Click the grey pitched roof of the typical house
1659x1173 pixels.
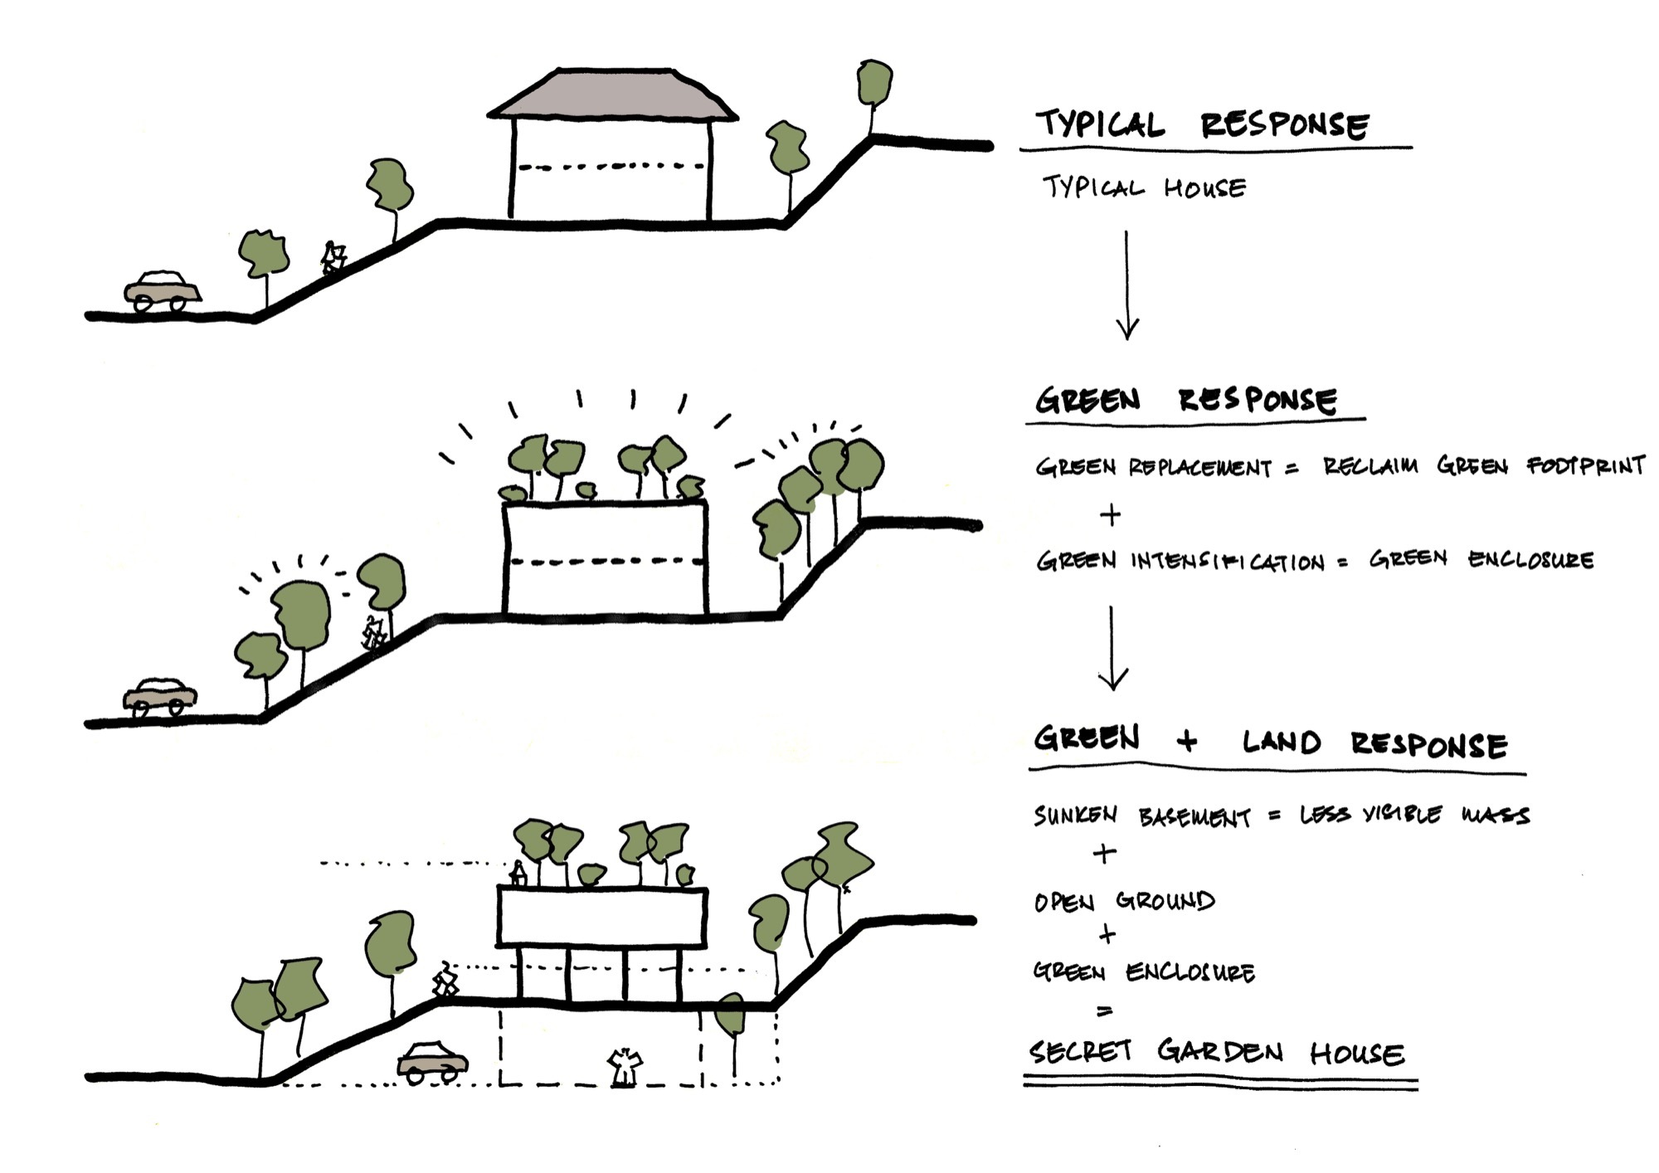[x=612, y=96]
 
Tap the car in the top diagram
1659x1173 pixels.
[x=163, y=291]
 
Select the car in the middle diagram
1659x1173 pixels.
[x=160, y=697]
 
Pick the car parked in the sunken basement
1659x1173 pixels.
[x=432, y=1061]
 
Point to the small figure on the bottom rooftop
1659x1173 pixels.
[x=518, y=874]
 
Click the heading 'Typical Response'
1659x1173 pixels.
[x=1202, y=124]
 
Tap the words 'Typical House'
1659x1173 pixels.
[x=1144, y=187]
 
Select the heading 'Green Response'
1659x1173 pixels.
[x=1185, y=400]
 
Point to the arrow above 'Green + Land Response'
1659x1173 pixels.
[x=1112, y=648]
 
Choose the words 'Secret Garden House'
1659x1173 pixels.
[x=1216, y=1053]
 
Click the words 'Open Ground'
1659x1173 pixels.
[x=1124, y=901]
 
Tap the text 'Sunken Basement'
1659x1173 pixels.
[x=1141, y=816]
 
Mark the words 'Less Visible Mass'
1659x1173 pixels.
[x=1413, y=815]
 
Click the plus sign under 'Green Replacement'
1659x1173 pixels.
[x=1110, y=515]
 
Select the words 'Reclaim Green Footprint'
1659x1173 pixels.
[x=1483, y=466]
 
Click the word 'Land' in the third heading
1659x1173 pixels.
[x=1281, y=742]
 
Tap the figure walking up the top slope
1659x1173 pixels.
[x=333, y=258]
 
